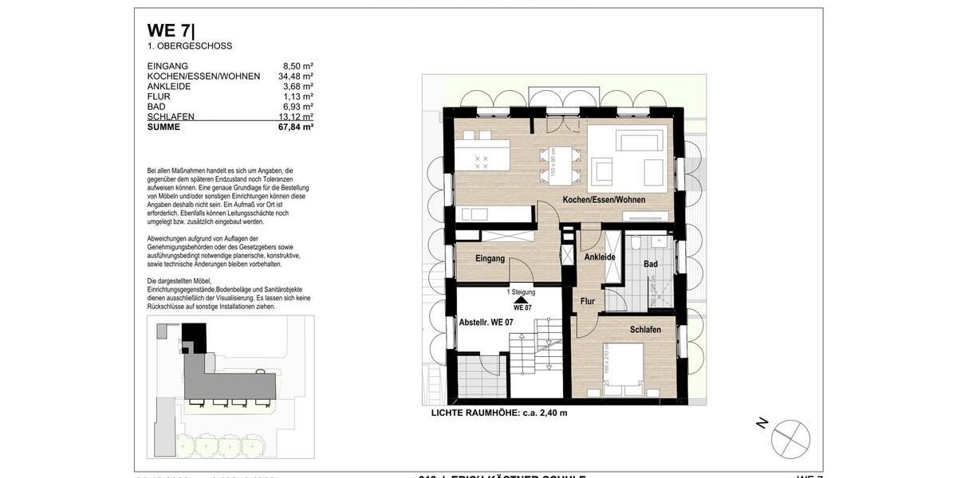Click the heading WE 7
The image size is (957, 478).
171,31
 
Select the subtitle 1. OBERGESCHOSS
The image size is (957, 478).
190,46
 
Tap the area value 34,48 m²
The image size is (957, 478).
295,76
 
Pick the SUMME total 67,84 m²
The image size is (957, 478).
295,127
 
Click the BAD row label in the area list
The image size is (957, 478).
158,107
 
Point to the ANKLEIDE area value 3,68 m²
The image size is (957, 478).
298,87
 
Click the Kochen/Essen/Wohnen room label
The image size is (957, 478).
604,200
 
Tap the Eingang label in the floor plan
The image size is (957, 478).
490,259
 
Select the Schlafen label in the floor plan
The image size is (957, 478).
645,330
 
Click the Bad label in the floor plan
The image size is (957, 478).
651,264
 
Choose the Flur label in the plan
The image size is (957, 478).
588,301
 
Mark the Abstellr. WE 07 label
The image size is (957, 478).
486,323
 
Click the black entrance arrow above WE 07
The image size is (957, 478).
522,299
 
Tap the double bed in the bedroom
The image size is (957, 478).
623,370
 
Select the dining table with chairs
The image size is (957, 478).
557,163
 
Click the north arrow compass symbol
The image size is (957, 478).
790,438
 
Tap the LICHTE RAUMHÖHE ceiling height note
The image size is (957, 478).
499,413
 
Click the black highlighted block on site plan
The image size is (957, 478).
194,335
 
